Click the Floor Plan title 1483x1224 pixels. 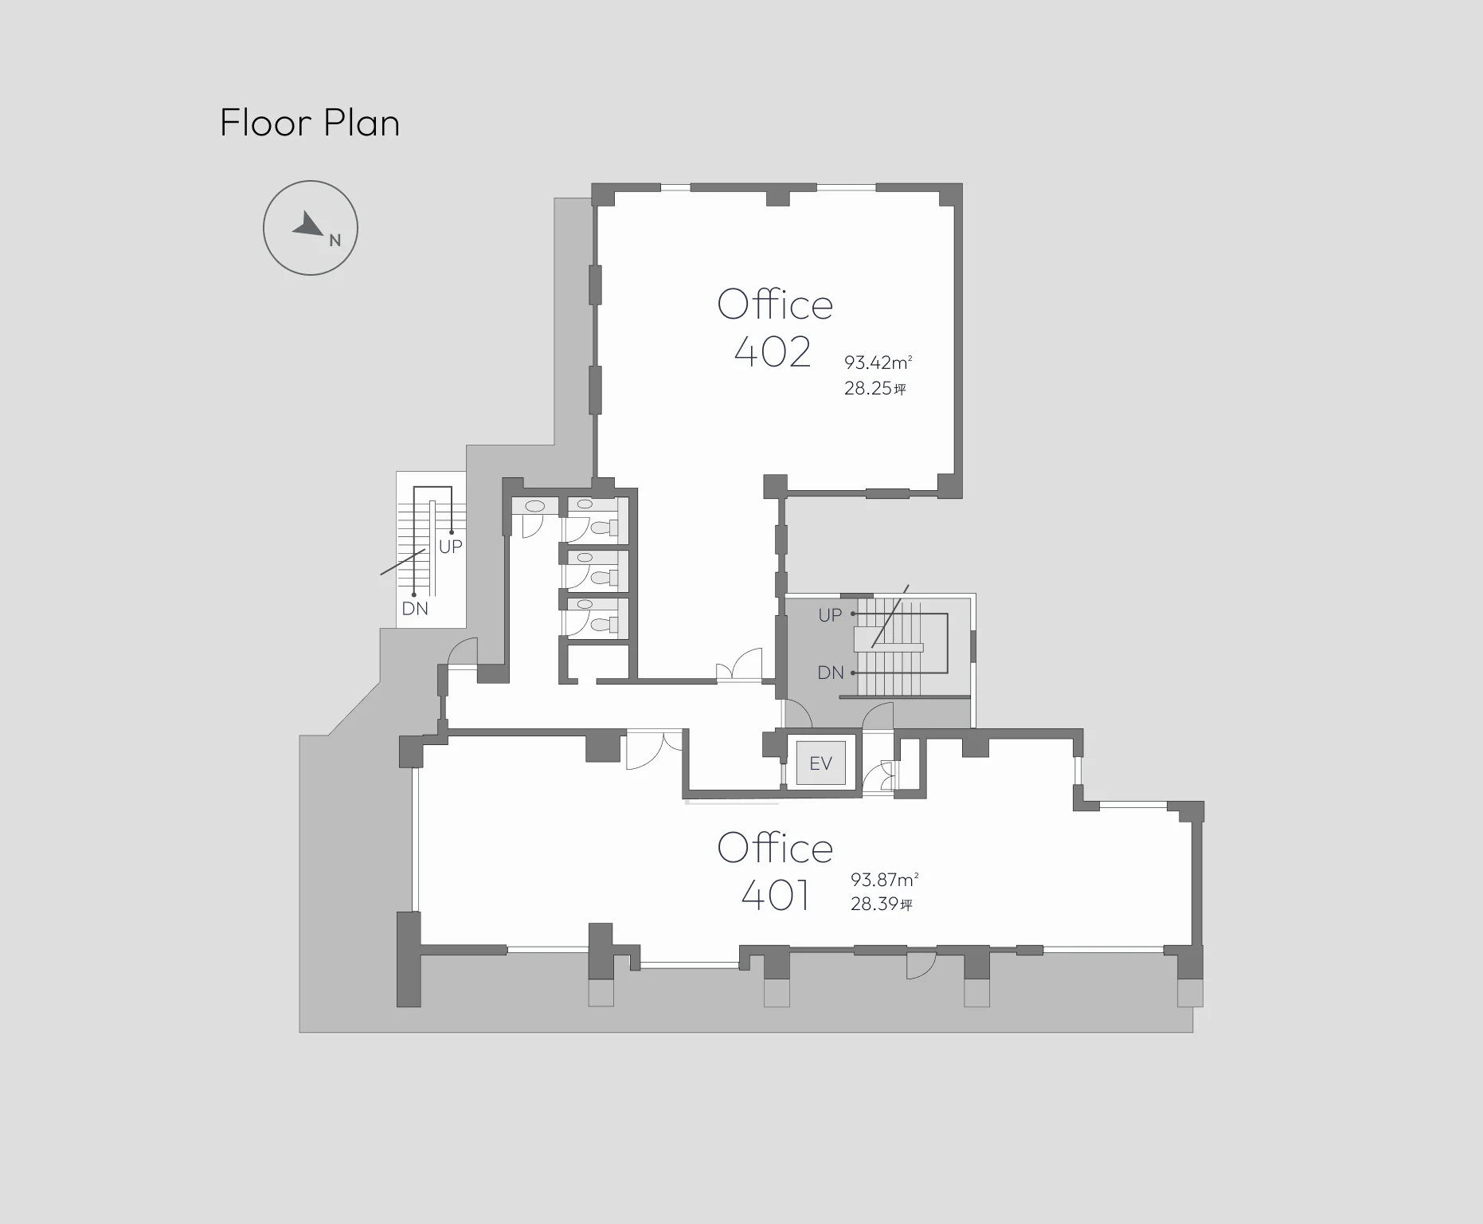pyautogui.click(x=310, y=124)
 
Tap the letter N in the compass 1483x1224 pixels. pyautogui.click(x=335, y=240)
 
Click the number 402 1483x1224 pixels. pyautogui.click(x=773, y=351)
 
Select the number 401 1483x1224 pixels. pyautogui.click(x=776, y=895)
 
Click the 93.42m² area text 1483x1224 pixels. pyautogui.click(x=878, y=363)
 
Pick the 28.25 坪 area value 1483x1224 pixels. pyautogui.click(x=875, y=389)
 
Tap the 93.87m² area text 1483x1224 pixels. pyautogui.click(x=885, y=880)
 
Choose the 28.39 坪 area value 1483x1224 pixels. pyautogui.click(x=882, y=904)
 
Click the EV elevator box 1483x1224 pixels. pyautogui.click(x=820, y=763)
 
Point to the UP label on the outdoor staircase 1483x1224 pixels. pyautogui.click(x=451, y=547)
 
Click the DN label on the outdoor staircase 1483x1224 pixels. pyautogui.click(x=415, y=609)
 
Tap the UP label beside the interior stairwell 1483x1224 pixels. pyautogui.click(x=830, y=615)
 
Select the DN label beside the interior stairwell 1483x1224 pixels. pyautogui.click(x=831, y=673)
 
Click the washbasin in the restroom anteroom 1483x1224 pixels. pyautogui.click(x=534, y=505)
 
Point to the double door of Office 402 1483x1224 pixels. pyautogui.click(x=740, y=665)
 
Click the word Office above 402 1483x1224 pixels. pyautogui.click(x=775, y=303)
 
